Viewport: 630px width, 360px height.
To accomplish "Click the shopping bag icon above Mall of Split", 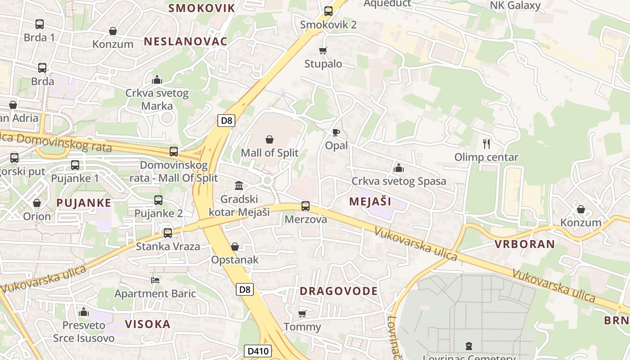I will [270, 139].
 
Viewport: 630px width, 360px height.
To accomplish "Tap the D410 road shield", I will [258, 351].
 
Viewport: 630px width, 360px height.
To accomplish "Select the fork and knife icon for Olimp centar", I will [486, 144].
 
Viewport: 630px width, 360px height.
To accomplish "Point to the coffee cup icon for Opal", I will [336, 132].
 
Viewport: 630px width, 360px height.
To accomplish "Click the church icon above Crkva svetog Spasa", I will [398, 168].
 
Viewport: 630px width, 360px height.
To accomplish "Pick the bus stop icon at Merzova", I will [306, 206].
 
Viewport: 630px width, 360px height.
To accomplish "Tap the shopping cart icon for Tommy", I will [302, 314].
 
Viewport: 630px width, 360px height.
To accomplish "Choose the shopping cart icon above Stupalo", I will [323, 50].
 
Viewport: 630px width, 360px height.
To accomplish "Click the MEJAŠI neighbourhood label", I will [370, 202].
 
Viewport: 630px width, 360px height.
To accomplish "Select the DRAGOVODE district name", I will [338, 291].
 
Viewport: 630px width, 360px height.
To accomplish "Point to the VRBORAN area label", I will [525, 244].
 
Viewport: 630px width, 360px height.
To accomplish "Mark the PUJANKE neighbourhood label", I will [84, 203].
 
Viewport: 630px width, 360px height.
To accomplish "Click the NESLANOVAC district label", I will [185, 41].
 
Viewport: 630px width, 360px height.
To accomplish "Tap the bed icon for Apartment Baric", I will [155, 280].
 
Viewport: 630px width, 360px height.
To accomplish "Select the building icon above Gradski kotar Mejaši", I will [239, 185].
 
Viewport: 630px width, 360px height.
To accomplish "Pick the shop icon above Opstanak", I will [234, 247].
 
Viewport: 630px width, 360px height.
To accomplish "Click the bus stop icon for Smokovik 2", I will [328, 11].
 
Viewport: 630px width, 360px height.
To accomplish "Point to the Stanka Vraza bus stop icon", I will [168, 233].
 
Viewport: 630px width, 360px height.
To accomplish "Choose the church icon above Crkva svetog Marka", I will [157, 80].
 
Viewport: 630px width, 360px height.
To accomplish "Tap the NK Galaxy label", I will [515, 5].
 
